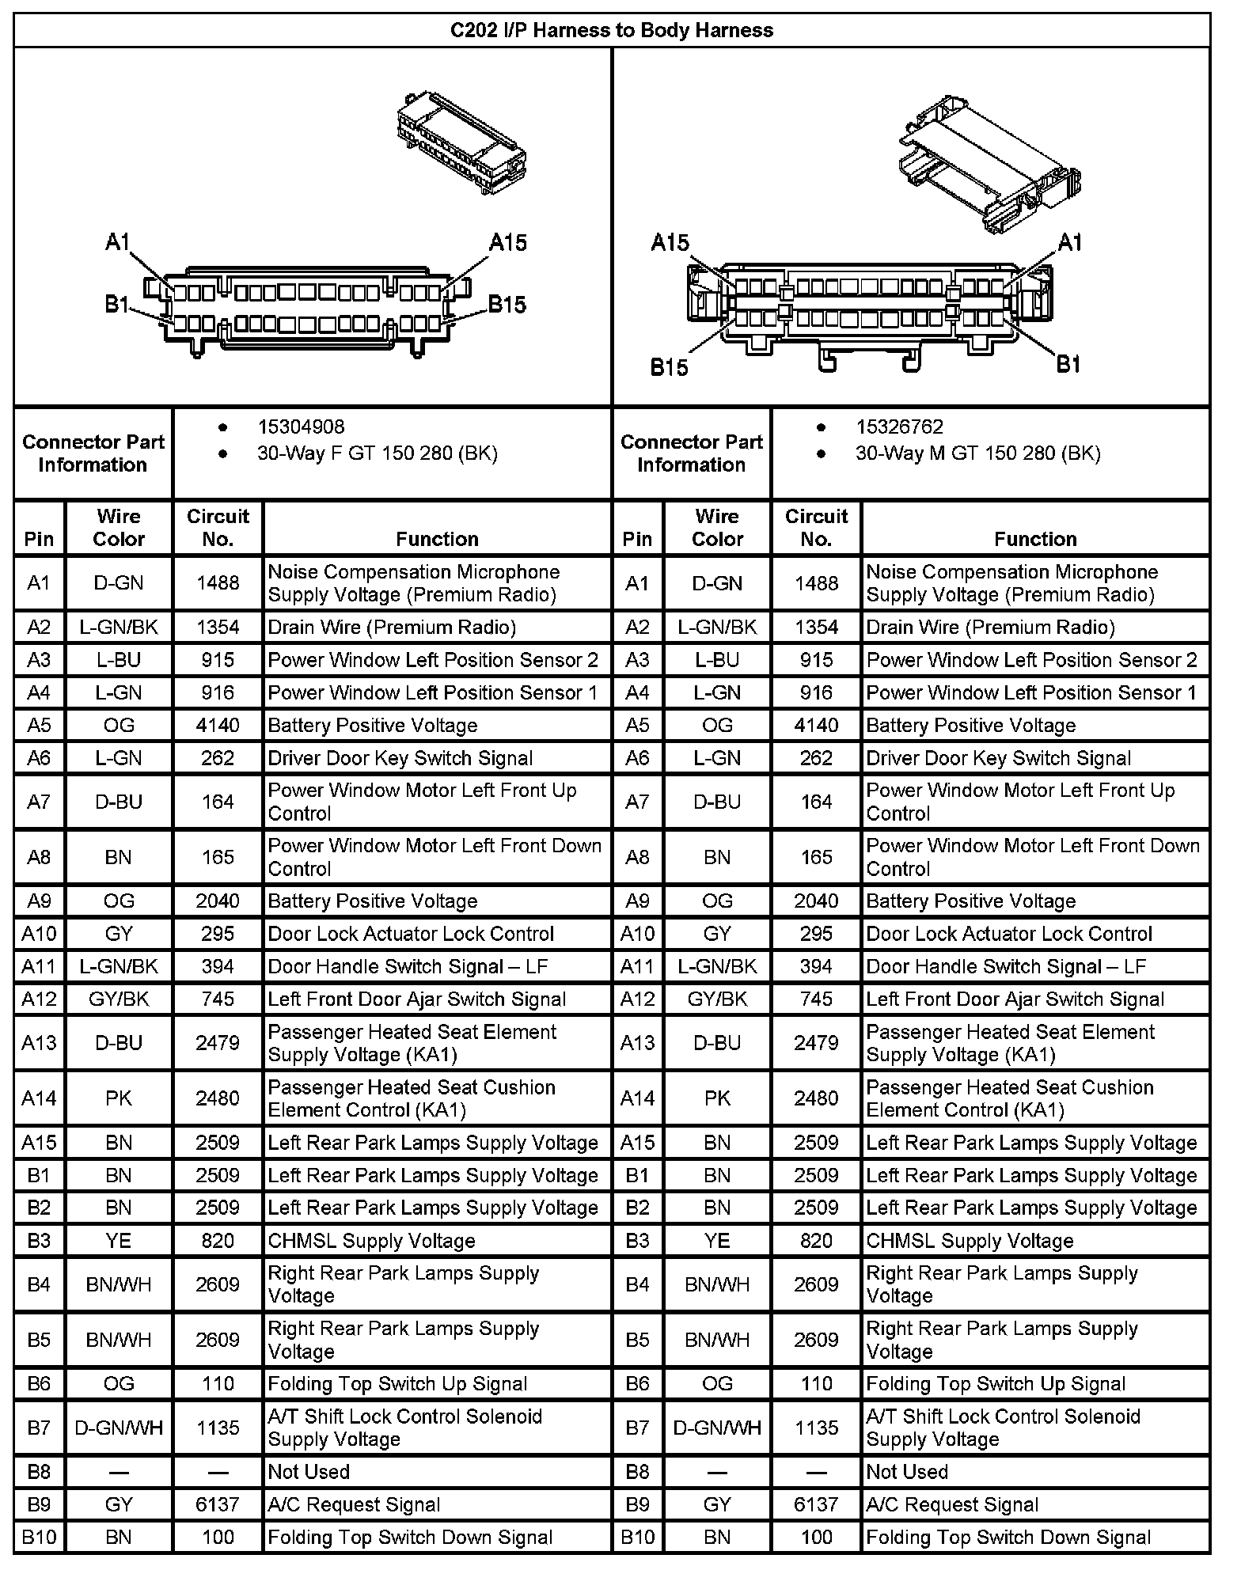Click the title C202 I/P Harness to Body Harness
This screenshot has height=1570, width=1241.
coord(612,31)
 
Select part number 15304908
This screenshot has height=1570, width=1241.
coord(301,427)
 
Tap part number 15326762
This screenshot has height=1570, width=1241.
coord(899,427)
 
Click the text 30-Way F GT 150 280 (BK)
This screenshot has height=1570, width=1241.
coord(377,453)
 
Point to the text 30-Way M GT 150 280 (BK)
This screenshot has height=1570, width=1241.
coord(977,453)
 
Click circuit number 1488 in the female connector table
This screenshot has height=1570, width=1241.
coord(218,583)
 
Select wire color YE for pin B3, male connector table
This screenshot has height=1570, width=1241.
coord(717,1241)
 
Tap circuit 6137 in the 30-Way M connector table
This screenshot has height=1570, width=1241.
coord(816,1504)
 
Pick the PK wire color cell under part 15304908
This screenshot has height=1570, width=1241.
coord(119,1098)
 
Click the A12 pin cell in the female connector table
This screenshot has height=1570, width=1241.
coord(39,999)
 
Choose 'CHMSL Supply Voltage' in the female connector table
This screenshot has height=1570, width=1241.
coord(371,1241)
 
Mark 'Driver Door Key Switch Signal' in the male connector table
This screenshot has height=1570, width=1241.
coord(998,758)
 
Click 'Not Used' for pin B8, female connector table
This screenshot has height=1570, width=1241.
coord(309,1472)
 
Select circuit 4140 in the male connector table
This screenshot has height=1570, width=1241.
coord(816,726)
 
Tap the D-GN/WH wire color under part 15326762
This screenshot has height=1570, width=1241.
coord(717,1428)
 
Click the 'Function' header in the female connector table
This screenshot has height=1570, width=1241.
coord(437,539)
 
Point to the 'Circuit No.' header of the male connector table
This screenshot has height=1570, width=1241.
coord(816,528)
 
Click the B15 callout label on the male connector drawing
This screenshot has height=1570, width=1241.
coord(670,368)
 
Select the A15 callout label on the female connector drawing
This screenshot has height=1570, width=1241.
coord(508,242)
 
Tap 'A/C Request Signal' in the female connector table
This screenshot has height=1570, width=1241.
coord(354,1504)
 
